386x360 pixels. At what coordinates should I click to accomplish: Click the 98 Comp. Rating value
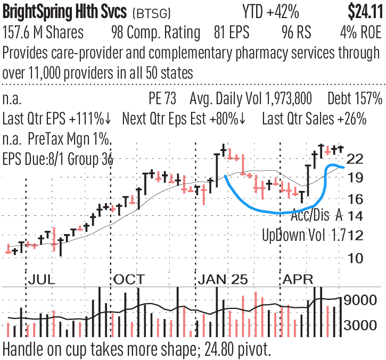(x=155, y=32)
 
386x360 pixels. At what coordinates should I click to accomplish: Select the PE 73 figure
(x=166, y=99)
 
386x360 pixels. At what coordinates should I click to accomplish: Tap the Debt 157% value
(x=355, y=99)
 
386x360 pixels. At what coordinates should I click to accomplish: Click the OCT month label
(x=129, y=279)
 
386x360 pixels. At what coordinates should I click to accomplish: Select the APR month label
(x=298, y=279)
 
